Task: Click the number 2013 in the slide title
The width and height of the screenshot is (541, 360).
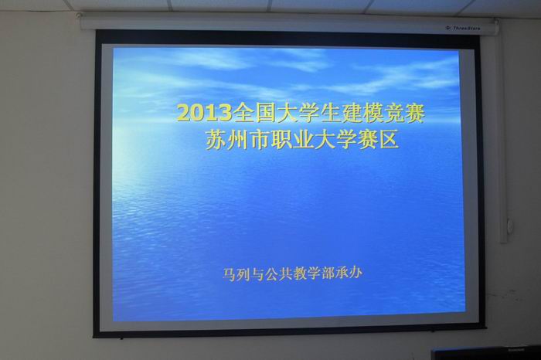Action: point(205,113)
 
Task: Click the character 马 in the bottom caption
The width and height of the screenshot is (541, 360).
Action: point(229,273)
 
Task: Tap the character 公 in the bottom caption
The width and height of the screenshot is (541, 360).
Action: point(271,273)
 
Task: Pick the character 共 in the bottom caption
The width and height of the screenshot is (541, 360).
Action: point(285,273)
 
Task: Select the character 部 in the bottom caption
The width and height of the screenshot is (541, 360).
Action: point(328,273)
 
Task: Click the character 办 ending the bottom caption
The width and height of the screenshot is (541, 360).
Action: point(356,273)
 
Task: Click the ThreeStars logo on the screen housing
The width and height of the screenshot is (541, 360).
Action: point(463,28)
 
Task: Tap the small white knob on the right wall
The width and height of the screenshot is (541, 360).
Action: point(510,226)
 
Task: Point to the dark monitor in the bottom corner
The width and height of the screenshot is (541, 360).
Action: point(486,353)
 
